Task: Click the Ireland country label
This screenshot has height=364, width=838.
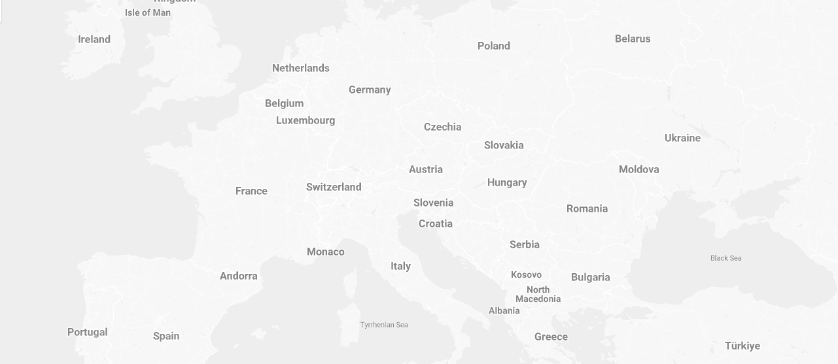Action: click(94, 39)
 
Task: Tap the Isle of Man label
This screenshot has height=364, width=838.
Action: click(148, 12)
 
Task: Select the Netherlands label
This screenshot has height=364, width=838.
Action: click(301, 68)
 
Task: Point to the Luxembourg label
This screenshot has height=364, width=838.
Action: click(306, 120)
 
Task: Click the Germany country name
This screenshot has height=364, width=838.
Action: click(370, 90)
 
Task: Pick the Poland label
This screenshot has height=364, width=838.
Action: click(494, 46)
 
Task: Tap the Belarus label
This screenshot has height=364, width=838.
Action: click(633, 39)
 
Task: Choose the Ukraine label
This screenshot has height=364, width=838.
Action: click(682, 138)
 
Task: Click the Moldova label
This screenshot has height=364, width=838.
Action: click(639, 169)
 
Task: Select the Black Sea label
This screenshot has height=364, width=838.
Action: click(726, 258)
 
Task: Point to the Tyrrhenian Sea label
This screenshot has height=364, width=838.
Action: click(384, 325)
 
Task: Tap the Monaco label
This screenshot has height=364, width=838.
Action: click(326, 252)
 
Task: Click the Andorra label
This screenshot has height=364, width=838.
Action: click(239, 276)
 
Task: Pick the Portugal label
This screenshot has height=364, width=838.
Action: click(88, 332)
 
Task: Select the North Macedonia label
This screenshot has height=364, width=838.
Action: click(538, 294)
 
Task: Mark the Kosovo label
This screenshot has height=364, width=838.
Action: click(526, 274)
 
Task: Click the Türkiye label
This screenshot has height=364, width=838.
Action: click(742, 346)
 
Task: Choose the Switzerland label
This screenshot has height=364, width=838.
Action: click(334, 187)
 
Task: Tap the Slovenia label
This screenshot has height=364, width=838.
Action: click(433, 203)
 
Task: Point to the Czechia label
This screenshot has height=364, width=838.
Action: click(443, 127)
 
